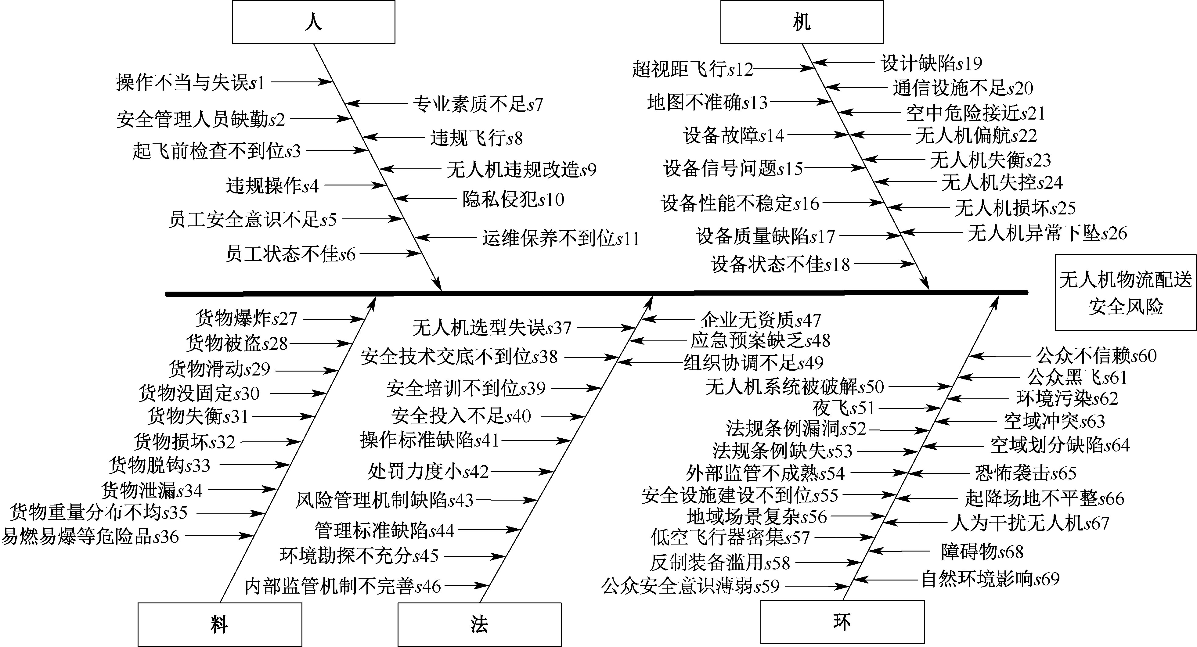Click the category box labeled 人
point(314,22)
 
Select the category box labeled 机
point(802,22)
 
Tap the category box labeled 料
point(219,624)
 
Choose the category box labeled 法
point(479,624)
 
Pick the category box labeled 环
point(842,622)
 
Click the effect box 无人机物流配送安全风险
point(1125,292)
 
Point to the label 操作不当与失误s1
point(190,83)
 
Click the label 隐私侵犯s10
point(513,199)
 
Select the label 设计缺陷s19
point(931,63)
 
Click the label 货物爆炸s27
point(246,319)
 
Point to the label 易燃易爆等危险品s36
point(90,537)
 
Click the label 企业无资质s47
point(761,320)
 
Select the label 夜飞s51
point(843,408)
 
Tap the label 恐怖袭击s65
point(1026,473)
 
